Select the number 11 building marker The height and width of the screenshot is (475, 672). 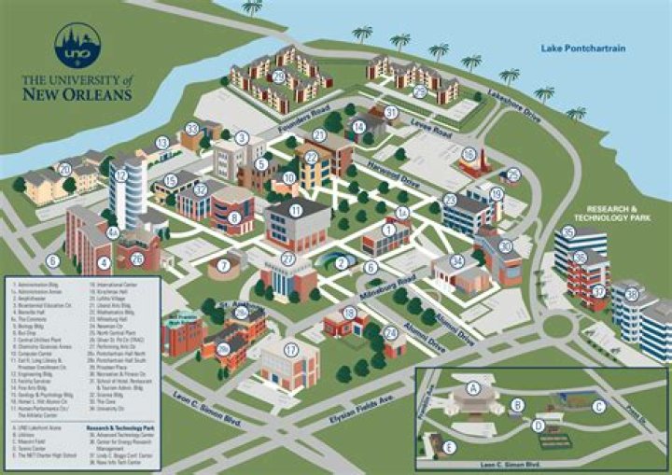pos(296,211)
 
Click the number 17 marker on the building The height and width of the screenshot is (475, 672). pos(290,350)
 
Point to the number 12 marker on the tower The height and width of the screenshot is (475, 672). pos(121,175)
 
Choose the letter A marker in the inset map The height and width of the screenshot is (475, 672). pos(472,385)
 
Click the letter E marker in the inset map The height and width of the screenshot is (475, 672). pos(451,447)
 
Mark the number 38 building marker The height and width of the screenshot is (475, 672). pos(632,294)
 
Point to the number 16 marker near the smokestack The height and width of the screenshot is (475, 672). pos(469,155)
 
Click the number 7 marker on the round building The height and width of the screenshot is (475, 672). pos(223,266)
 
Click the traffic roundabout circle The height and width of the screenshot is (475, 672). pos(557,327)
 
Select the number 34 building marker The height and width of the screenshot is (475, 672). pos(456,261)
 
